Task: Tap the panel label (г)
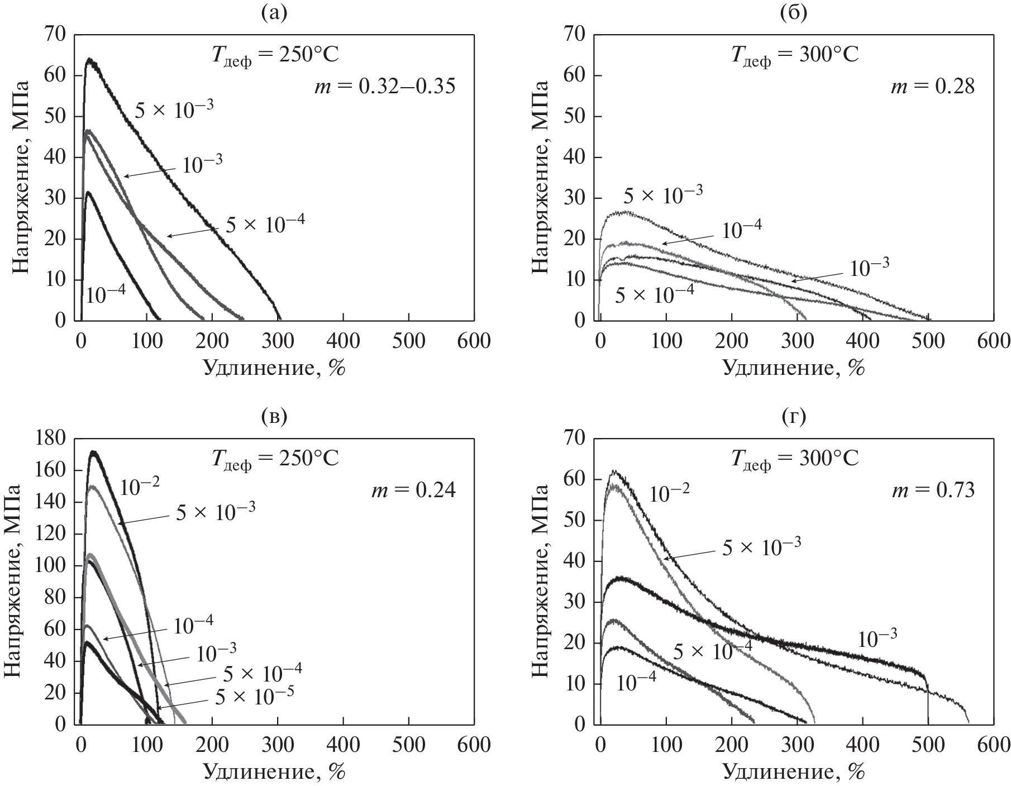(793, 417)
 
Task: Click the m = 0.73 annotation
(933, 490)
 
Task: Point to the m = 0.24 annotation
(413, 490)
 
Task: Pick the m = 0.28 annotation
(933, 87)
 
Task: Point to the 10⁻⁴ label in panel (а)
(106, 294)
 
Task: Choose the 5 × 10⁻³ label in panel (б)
(662, 195)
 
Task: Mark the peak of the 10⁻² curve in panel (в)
(94, 451)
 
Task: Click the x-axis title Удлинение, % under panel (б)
(793, 368)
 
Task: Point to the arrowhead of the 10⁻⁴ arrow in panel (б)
(663, 244)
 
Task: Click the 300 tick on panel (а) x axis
(278, 340)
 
